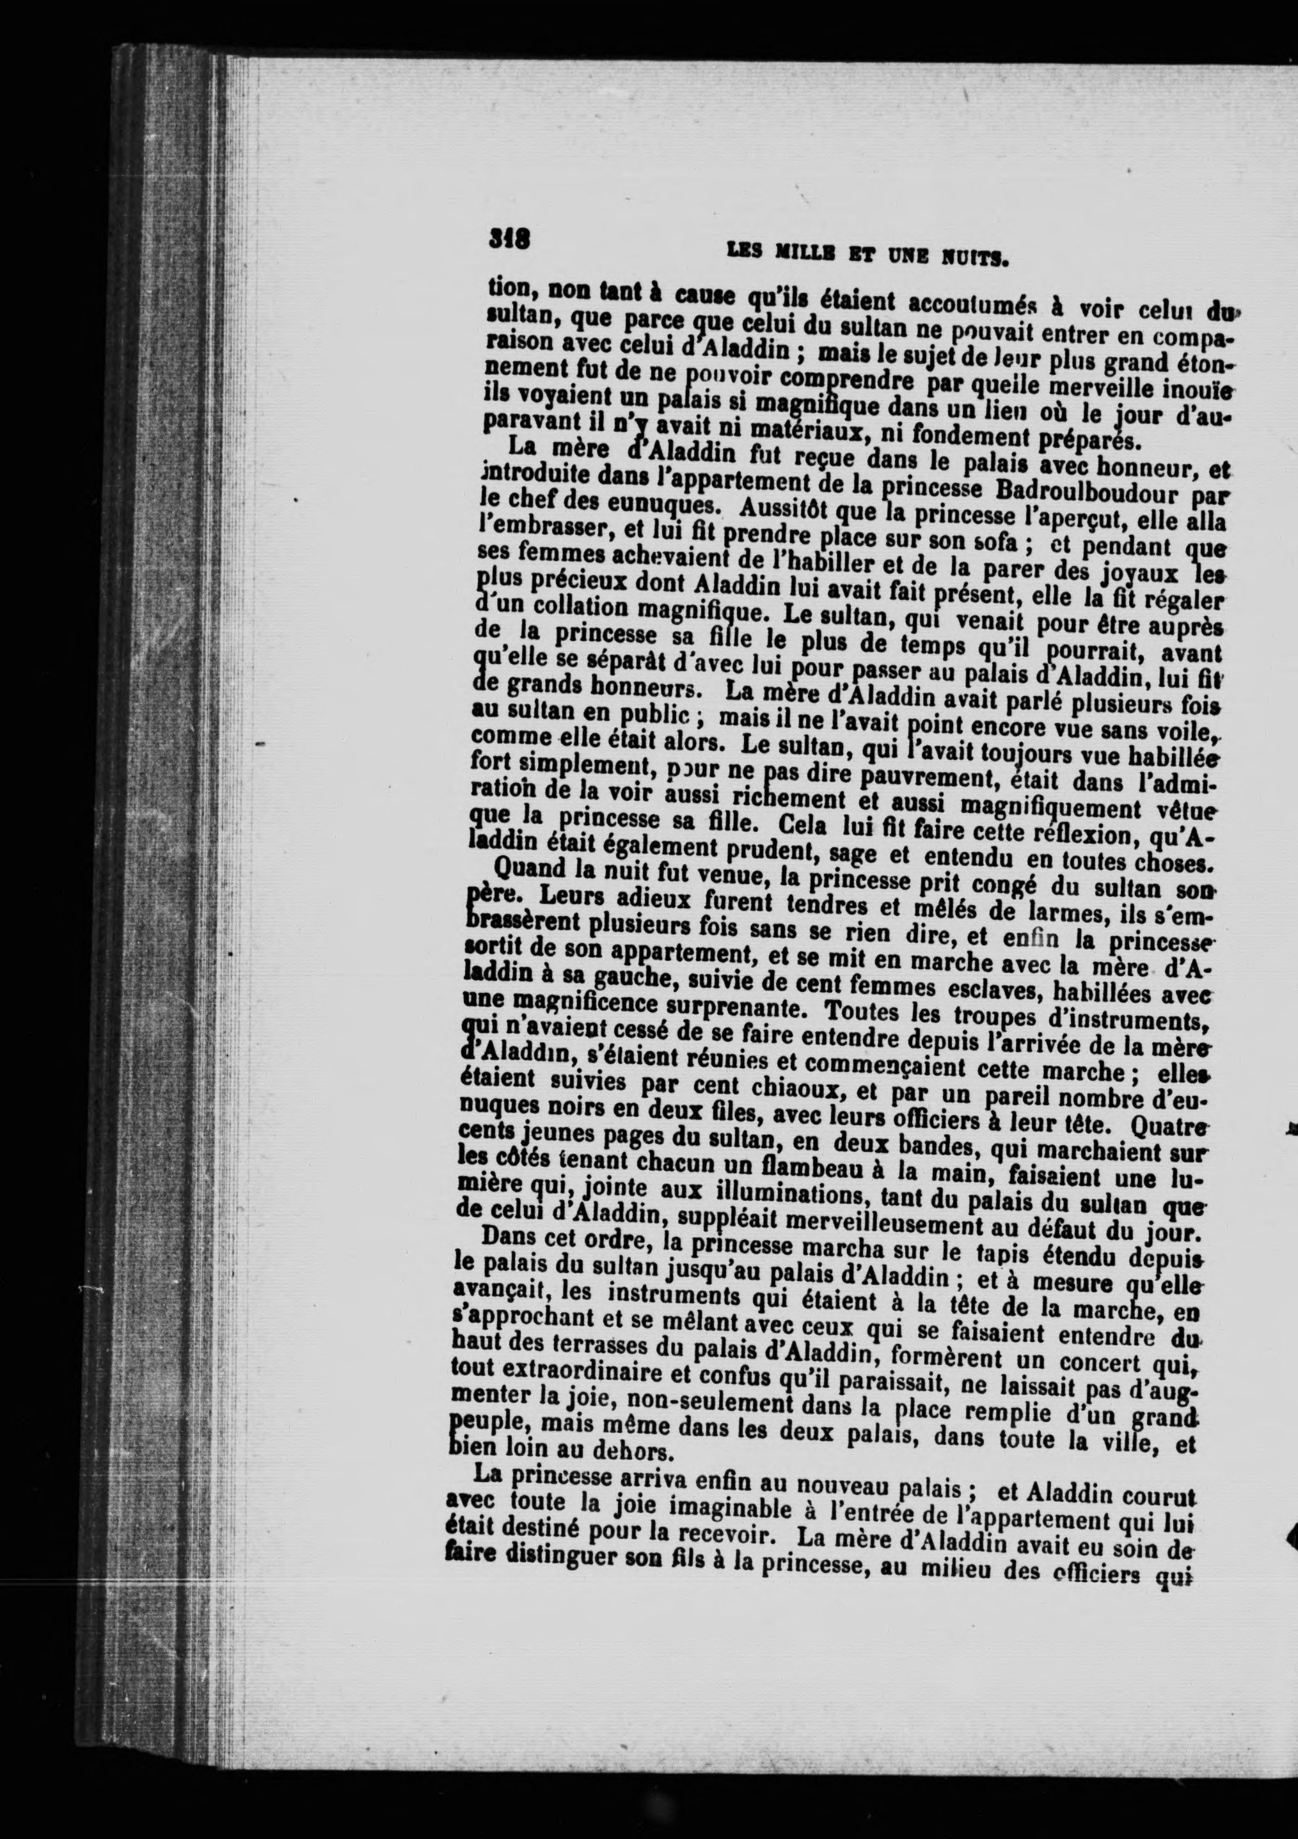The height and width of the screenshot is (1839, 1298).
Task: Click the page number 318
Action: click(508, 239)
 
